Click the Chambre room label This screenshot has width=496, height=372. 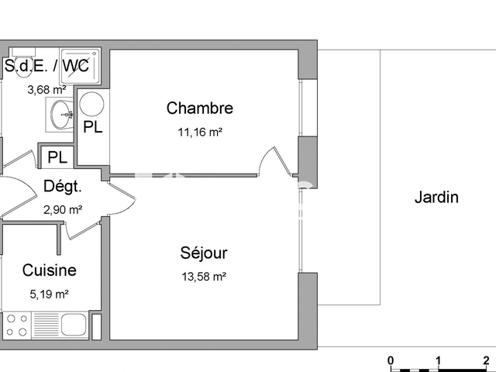pyautogui.click(x=200, y=108)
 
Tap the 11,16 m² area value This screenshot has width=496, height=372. pyautogui.click(x=200, y=132)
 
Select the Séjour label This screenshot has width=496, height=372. pyautogui.click(x=204, y=253)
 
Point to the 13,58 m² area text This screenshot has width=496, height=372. pyautogui.click(x=204, y=277)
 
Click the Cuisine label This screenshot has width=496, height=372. pyautogui.click(x=50, y=270)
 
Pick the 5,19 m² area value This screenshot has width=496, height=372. pyautogui.click(x=50, y=294)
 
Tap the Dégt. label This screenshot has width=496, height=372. pyautogui.click(x=63, y=186)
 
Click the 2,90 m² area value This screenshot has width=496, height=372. pyautogui.click(x=63, y=210)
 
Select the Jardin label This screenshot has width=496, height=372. pyautogui.click(x=436, y=197)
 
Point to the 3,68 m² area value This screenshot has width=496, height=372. pyautogui.click(x=46, y=90)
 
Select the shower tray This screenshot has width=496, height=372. pyautogui.click(x=81, y=66)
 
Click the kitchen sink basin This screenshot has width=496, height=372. pyautogui.click(x=74, y=325)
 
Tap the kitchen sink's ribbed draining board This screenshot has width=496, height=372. pyautogui.click(x=46, y=325)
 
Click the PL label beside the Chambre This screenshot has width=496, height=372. pyautogui.click(x=93, y=127)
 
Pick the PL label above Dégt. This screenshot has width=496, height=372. pyautogui.click(x=57, y=157)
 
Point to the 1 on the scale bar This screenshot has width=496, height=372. pyautogui.click(x=438, y=360)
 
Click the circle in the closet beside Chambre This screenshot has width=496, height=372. pyautogui.click(x=91, y=104)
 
